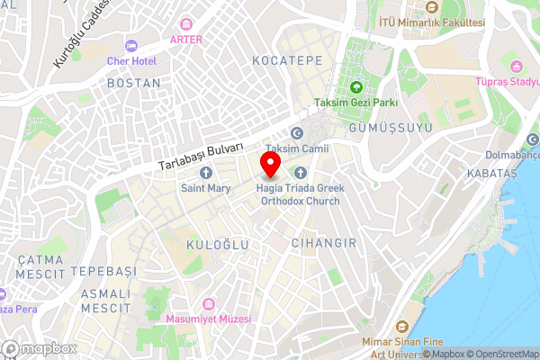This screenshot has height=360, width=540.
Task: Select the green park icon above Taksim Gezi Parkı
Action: [355, 88]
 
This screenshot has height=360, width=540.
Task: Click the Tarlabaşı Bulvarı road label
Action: [200, 156]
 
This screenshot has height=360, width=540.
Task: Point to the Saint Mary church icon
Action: [205, 173]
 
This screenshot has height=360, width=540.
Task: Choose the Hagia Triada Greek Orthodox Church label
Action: [301, 194]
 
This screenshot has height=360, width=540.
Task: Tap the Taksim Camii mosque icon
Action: [296, 132]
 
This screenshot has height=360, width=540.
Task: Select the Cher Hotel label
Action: [132, 61]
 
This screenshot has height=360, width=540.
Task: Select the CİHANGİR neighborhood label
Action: [324, 243]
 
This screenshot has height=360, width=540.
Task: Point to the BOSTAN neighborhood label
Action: [133, 83]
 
